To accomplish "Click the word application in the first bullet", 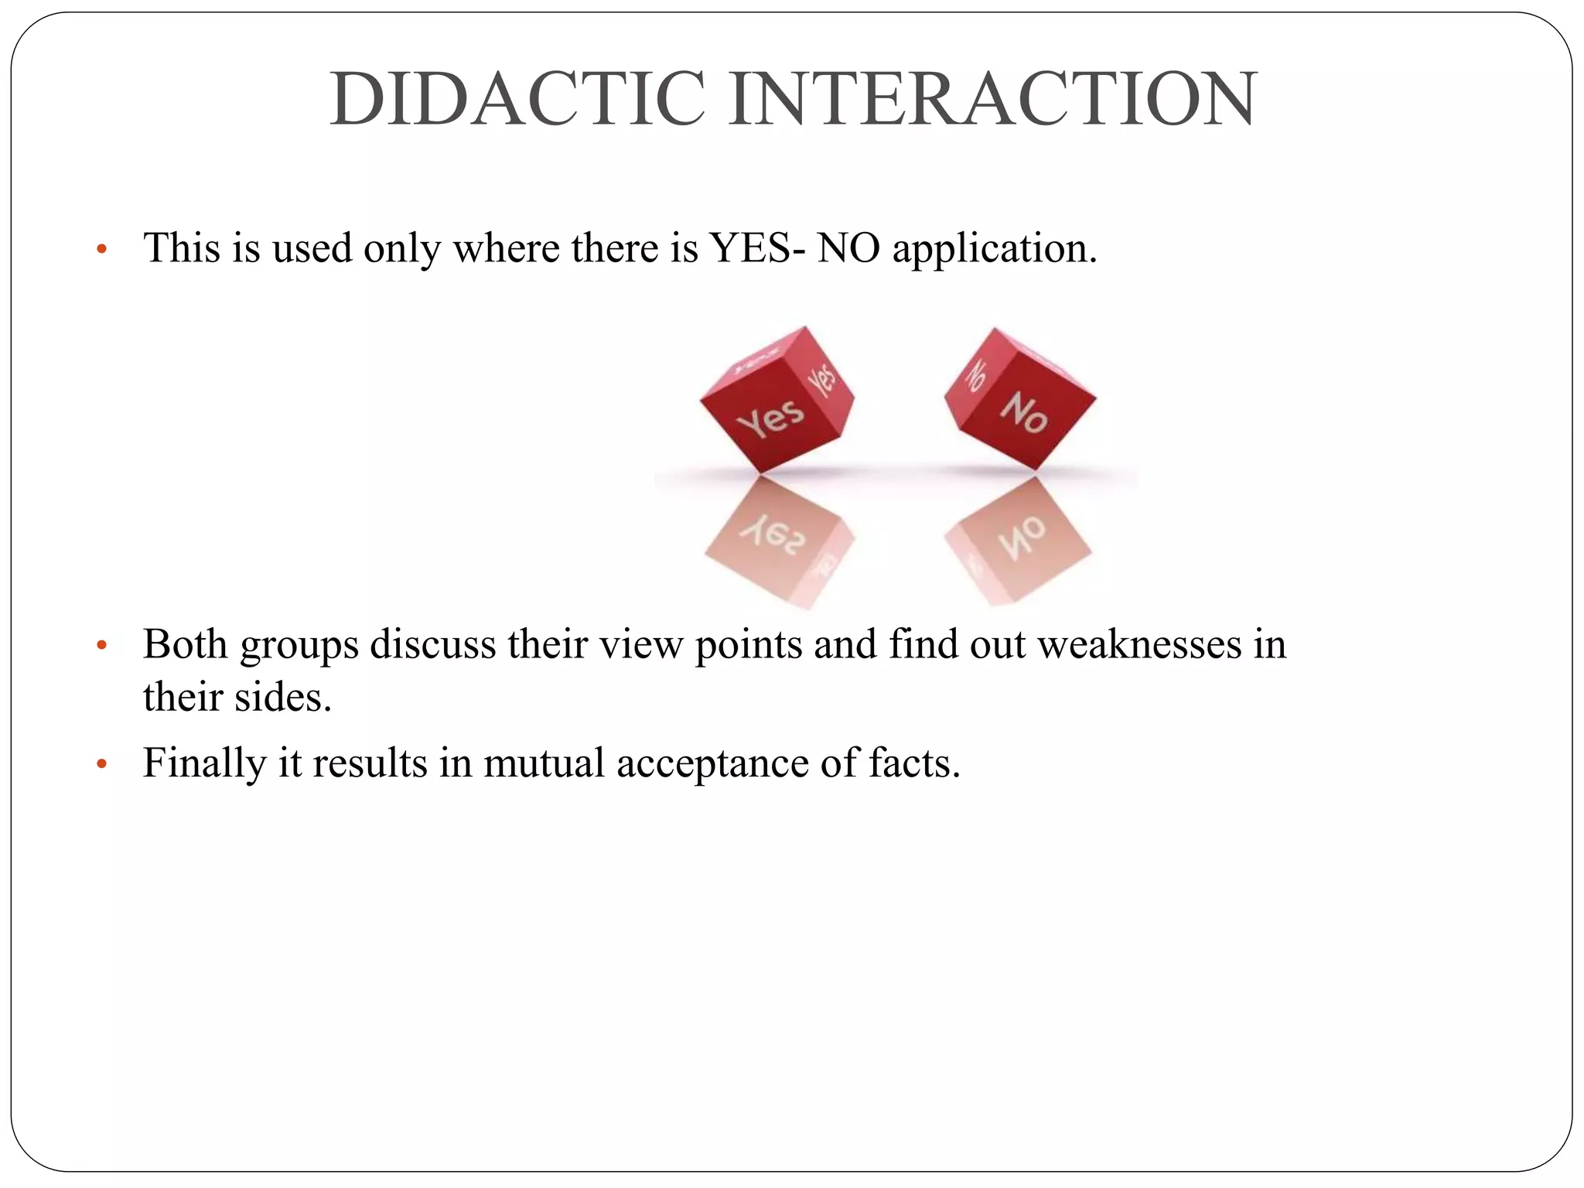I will point(995,250).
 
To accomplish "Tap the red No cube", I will point(1020,400).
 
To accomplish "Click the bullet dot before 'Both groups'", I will point(101,645).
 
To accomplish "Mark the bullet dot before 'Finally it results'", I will point(101,764).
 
